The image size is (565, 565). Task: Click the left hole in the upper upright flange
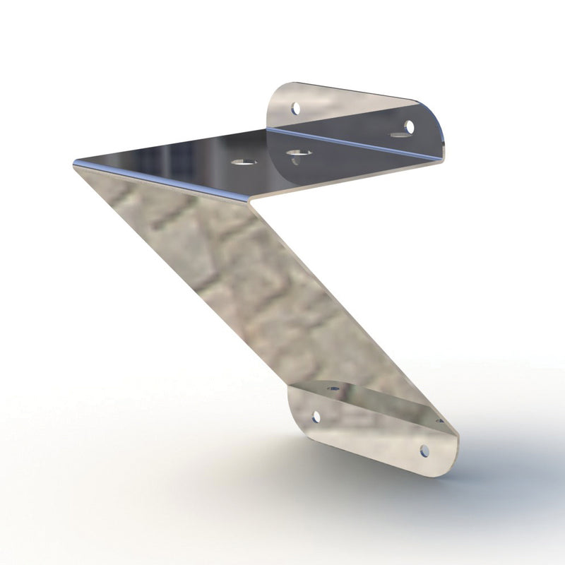pyautogui.click(x=296, y=109)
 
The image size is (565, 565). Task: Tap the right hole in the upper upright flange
pyautogui.click(x=408, y=126)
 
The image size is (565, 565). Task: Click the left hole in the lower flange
pyautogui.click(x=315, y=417)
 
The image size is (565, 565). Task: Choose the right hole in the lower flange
pyautogui.click(x=424, y=450)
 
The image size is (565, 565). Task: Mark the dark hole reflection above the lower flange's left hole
pyautogui.click(x=331, y=388)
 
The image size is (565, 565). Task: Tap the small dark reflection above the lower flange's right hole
pyautogui.click(x=439, y=422)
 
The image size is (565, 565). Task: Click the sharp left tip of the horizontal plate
pyautogui.click(x=75, y=164)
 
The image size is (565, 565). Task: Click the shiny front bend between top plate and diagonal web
pyautogui.click(x=162, y=179)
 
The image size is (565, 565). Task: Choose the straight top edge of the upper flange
pyautogui.click(x=353, y=90)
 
